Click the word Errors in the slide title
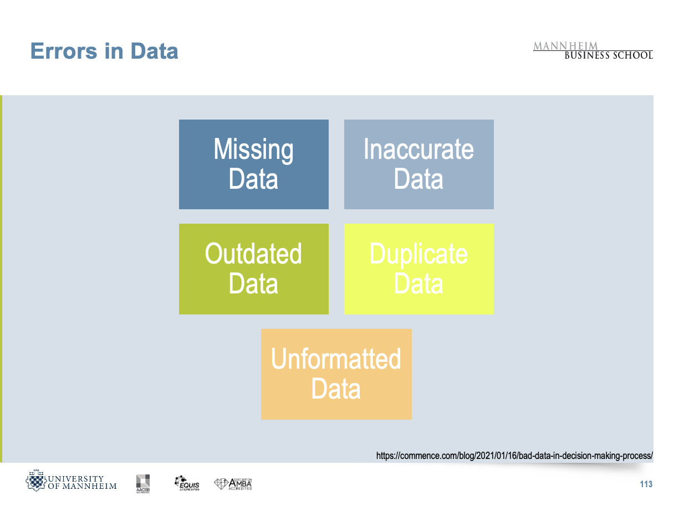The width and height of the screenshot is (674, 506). coord(64,51)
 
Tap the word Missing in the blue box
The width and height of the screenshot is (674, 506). coord(253,150)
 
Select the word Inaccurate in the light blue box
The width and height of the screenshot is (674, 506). coord(418,149)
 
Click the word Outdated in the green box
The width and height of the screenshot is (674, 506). coord(253,254)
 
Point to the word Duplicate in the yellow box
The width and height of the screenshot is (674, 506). coord(418,254)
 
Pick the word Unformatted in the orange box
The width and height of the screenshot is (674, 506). coord(336,359)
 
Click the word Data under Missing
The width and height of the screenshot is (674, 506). coord(253,179)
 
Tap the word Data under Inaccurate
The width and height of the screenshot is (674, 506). coord(418,179)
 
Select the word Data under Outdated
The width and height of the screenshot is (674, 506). coord(253,283)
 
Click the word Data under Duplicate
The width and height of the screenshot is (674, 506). coord(418,283)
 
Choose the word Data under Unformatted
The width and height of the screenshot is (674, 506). coord(336,389)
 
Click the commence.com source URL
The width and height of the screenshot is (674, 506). coord(514,456)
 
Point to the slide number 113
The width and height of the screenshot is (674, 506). coord(646,484)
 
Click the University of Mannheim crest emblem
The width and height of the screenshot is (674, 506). coord(36,480)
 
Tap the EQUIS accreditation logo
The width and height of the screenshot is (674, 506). coord(187,483)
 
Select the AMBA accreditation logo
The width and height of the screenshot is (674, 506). coord(233,484)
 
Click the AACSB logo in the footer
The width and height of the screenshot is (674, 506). coord(143,484)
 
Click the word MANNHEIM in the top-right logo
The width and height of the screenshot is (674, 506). coord(565,46)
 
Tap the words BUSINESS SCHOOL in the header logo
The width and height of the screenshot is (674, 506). coord(609,55)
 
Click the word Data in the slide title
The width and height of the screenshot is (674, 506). coord(154,51)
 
